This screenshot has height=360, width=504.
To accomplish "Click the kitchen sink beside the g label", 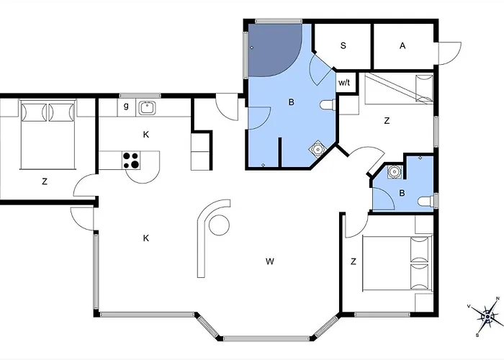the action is coord(147,108).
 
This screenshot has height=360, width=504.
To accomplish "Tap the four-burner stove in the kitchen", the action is coord(132,160).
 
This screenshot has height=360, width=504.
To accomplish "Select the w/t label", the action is coord(344,83).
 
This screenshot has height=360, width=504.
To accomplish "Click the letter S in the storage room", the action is coord(343,45).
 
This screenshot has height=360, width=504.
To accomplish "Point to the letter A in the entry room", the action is coord(402,46).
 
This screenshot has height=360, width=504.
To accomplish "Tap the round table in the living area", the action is coord(219,225).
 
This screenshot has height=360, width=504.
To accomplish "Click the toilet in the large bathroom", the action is coord(328,105).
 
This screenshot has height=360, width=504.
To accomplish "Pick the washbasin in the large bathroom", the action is coord(318,149).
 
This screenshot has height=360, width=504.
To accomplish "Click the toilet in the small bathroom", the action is coord(426,201).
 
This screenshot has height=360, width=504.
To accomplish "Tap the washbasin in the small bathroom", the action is coord(393,171).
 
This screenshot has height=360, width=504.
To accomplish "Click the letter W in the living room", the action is coord(270,261).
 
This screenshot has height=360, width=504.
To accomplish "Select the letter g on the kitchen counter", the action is coord(126,106).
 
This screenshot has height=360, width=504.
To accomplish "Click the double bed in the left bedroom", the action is coord(48,135).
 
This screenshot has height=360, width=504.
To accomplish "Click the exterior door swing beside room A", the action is coord(450,53).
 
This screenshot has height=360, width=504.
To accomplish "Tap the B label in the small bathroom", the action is coord(402,193).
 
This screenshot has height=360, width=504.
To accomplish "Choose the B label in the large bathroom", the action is coord(291,102).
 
